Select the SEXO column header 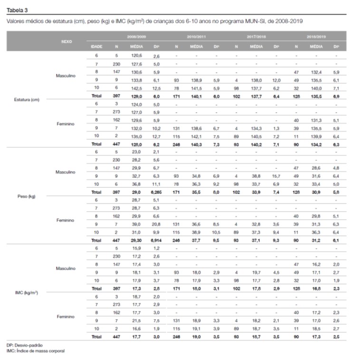67,41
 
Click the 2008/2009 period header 136,36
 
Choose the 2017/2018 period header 256,36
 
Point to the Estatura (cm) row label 26,100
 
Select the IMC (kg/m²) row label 27,292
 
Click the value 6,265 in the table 157,192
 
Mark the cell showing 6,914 157,241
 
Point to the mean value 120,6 136,56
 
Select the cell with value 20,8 157,224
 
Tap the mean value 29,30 136,241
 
